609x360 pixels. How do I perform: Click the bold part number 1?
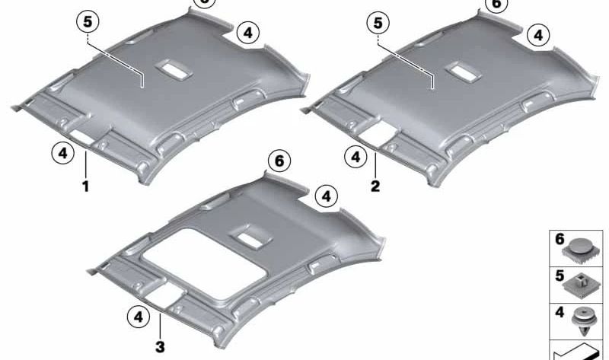(86, 186)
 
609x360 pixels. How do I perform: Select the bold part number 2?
(375, 185)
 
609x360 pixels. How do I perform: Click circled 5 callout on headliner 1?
(88, 23)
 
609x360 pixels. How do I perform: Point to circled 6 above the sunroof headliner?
(279, 161)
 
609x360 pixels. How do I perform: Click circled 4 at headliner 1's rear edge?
(247, 33)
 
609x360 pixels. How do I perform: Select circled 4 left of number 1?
(62, 154)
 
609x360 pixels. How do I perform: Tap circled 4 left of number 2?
(353, 158)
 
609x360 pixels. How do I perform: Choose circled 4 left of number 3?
(138, 314)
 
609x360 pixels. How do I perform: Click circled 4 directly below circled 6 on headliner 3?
(325, 196)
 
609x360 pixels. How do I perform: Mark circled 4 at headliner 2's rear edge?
(538, 34)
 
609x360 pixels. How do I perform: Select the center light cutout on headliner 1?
(172, 69)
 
